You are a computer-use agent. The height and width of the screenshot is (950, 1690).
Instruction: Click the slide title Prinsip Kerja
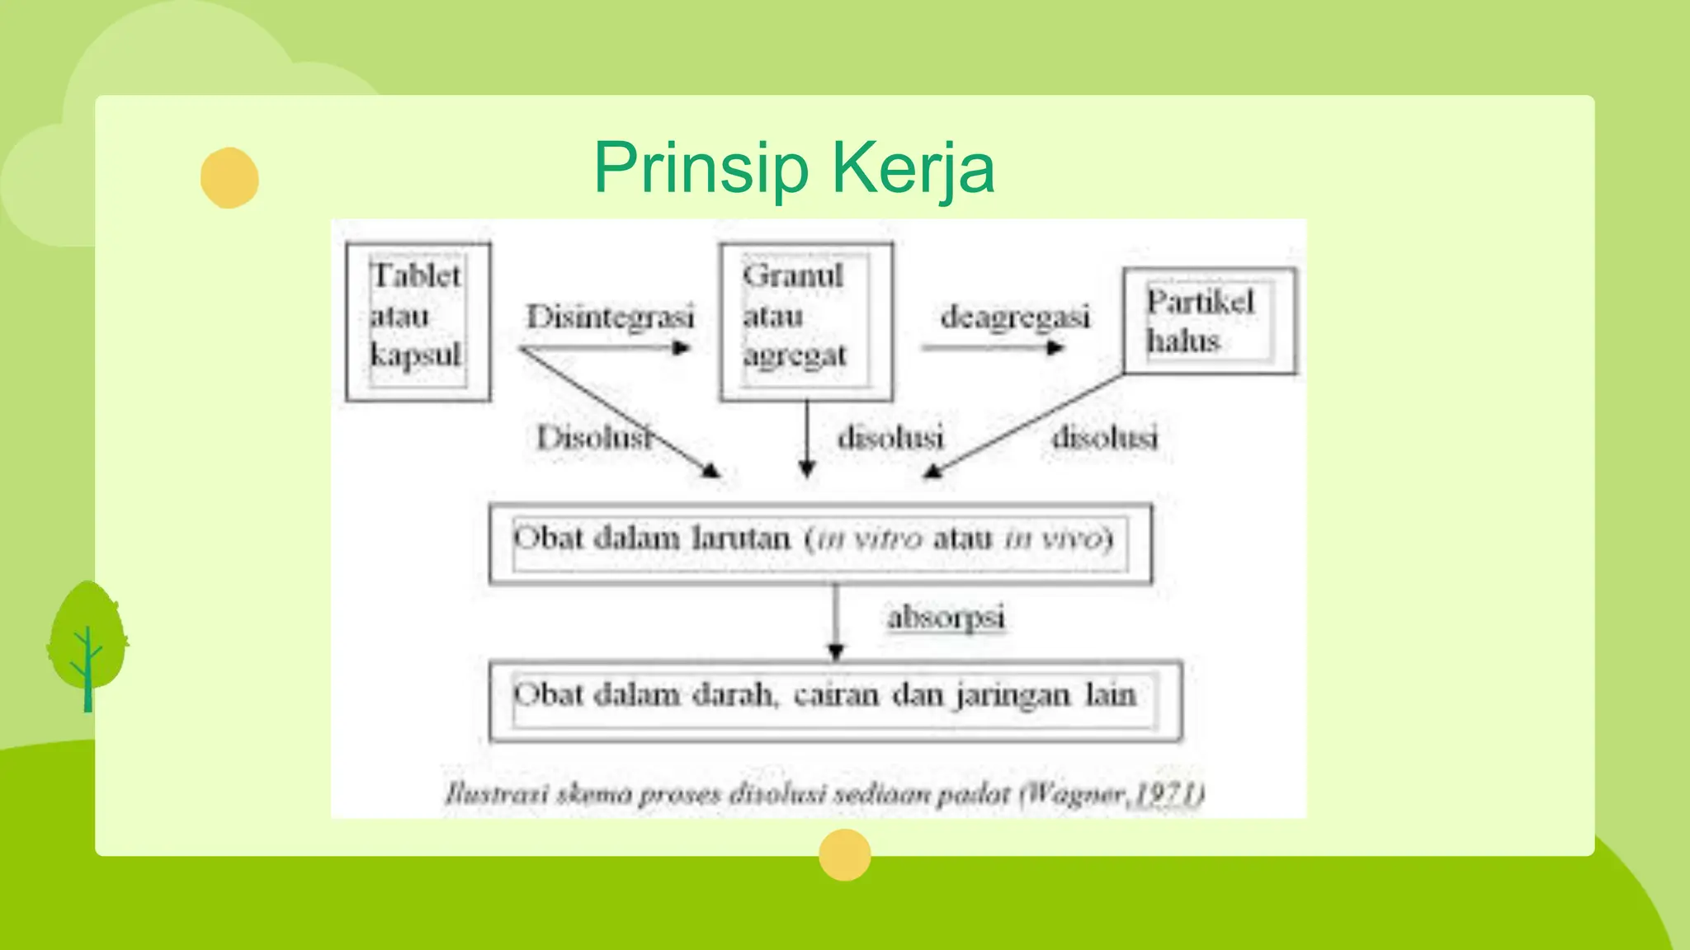coord(794,168)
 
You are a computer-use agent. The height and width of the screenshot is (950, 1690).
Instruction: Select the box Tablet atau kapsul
coord(418,321)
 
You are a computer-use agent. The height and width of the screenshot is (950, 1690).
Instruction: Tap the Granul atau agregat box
coord(805,321)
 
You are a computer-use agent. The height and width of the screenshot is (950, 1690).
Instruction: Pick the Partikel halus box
coord(1210,321)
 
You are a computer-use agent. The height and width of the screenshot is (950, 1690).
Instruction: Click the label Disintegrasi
coord(610,317)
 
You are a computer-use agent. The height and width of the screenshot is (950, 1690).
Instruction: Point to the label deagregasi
coord(1015,317)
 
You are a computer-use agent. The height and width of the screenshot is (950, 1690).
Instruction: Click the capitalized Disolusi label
coord(593,437)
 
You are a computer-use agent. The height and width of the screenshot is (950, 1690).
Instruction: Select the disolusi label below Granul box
coord(890,437)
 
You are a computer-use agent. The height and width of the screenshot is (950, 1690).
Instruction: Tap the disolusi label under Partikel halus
coord(1104,437)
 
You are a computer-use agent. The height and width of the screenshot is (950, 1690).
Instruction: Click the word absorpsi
coord(946,617)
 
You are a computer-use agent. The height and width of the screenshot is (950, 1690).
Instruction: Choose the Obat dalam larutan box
coord(820,543)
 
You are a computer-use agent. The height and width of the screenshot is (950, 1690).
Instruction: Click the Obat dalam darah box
coord(835,699)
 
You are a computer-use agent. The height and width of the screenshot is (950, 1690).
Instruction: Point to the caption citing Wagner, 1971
coord(824,793)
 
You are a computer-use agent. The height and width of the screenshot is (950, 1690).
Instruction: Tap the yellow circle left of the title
coord(229,177)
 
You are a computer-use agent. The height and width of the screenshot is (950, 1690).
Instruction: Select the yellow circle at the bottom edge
coord(844,855)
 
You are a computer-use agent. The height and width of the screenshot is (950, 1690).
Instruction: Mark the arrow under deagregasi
coord(994,348)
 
